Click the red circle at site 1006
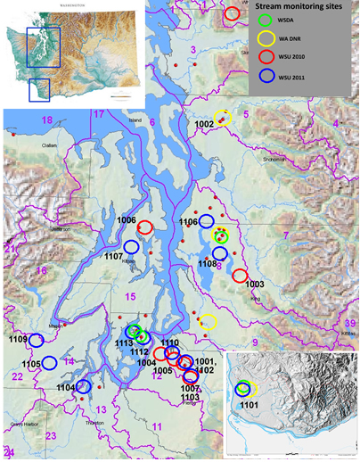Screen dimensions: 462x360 click(144, 226)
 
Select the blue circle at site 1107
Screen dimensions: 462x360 click(131, 247)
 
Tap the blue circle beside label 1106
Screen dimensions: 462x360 click(207, 221)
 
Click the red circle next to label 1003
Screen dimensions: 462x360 click(239, 275)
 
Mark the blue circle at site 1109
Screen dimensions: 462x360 click(37, 340)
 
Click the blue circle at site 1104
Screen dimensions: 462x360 click(83, 386)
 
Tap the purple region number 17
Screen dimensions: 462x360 click(99, 115)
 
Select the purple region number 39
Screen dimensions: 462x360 click(350, 323)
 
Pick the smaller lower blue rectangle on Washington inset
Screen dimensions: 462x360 click(39, 91)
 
